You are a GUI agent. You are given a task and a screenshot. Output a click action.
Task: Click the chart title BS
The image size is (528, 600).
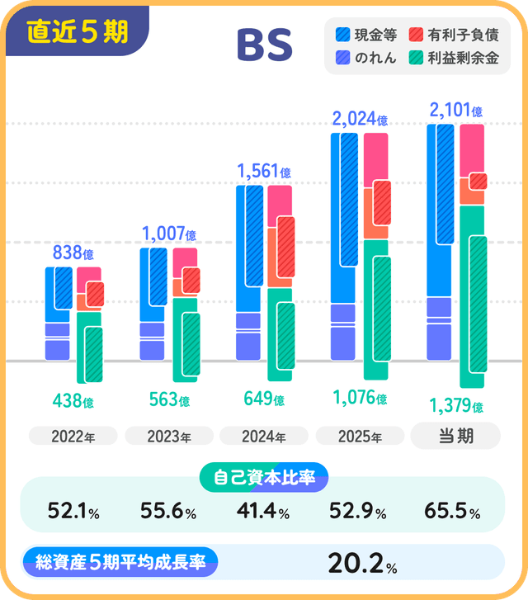tap(264, 47)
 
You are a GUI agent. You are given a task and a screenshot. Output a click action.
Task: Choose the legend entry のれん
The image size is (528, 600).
tap(366, 58)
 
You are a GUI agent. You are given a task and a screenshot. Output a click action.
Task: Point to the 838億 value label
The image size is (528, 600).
tap(73, 253)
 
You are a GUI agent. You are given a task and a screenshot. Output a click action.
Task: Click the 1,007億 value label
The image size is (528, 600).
tap(168, 234)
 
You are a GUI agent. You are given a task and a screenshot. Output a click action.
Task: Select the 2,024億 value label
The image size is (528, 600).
tap(360, 119)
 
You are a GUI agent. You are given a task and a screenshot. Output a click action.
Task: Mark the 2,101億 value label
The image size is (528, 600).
tap(455, 110)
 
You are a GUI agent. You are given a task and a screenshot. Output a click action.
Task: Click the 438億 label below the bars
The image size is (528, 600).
tap(73, 402)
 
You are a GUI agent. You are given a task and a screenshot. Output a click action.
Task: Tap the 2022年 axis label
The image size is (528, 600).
tap(73, 436)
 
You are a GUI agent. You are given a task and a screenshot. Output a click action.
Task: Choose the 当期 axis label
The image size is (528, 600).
tap(455, 436)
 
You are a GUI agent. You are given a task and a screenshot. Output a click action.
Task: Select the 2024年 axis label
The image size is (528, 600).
tap(264, 436)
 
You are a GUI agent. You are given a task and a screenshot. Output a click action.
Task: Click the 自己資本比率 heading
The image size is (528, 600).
tap(264, 476)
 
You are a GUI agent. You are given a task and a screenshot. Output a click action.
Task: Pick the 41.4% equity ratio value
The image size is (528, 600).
tap(264, 512)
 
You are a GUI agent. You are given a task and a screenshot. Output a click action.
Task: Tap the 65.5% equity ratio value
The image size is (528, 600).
tap(452, 512)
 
